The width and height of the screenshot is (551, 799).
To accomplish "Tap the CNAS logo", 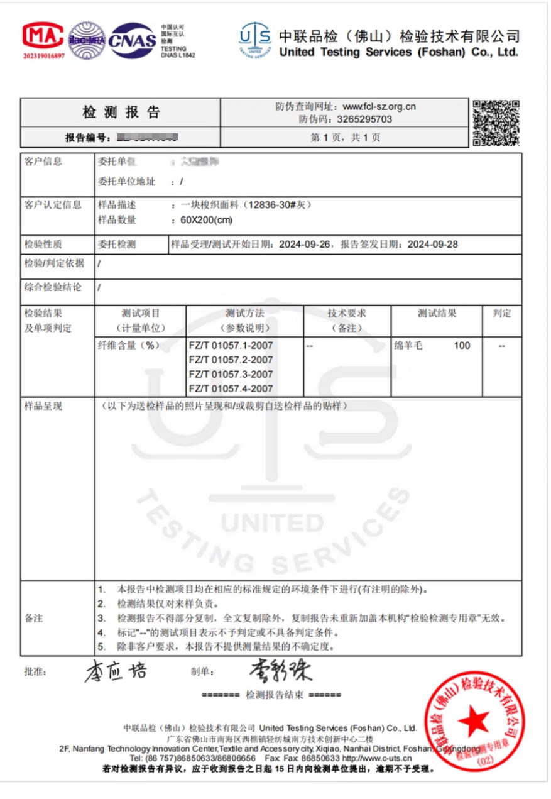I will point(131,40).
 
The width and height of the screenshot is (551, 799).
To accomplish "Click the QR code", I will point(496,122).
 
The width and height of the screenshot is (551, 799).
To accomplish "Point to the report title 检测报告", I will point(121,113).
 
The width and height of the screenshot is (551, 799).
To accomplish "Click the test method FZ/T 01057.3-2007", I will point(231,375).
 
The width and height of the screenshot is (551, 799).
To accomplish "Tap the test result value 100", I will point(461,345).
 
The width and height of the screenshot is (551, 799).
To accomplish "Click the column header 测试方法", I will point(245,313).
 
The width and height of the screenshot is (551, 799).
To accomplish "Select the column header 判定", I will point(502,313).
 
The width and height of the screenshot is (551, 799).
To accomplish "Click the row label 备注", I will point(34,618).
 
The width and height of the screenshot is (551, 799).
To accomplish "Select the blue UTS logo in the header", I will point(255,41).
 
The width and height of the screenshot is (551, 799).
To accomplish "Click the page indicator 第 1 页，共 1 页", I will point(346,136).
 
